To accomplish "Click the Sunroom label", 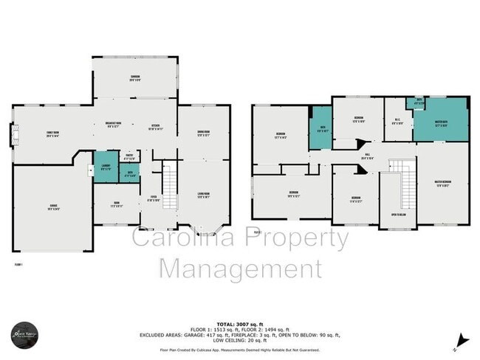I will click(x=135, y=79).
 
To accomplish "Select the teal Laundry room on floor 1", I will click(x=106, y=167).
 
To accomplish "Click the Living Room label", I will click(x=203, y=196).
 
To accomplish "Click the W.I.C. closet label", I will click(x=397, y=123).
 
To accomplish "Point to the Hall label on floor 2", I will click(x=366, y=156).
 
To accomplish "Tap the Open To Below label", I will click(x=398, y=215).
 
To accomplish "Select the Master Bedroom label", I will click(x=442, y=184).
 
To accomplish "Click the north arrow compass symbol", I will click(x=462, y=340).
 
